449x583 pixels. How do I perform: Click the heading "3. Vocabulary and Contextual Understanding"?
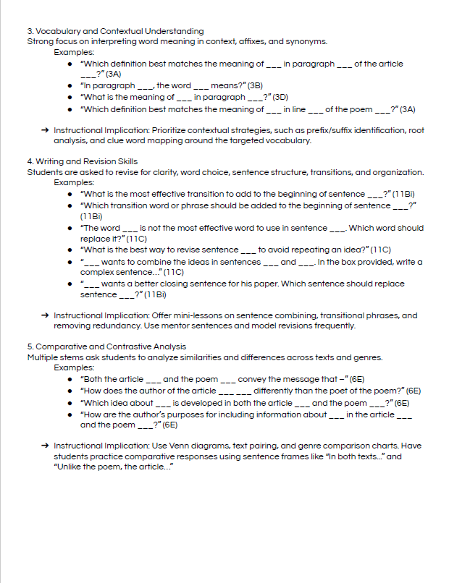coord(115,31)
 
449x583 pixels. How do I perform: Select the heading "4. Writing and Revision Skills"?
coord(82,161)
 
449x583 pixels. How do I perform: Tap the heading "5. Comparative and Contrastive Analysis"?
coord(106,346)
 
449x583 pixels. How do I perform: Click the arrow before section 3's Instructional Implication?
coord(45,130)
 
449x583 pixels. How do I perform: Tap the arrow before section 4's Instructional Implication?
coord(45,316)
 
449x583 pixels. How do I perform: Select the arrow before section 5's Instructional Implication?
coord(45,446)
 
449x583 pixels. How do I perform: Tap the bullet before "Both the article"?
coord(69,379)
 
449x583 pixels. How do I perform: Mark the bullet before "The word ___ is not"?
coord(69,229)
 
